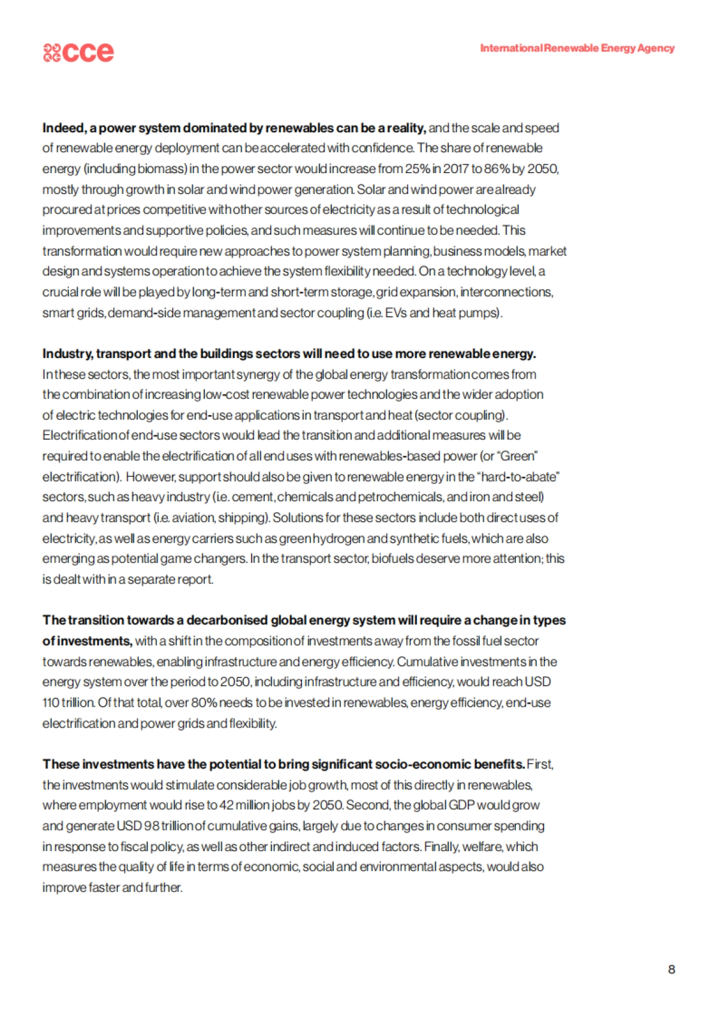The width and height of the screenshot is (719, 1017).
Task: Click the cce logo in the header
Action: pyautogui.click(x=78, y=52)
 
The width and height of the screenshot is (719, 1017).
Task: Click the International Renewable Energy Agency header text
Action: pyautogui.click(x=577, y=48)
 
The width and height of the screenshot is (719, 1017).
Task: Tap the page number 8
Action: pyautogui.click(x=671, y=969)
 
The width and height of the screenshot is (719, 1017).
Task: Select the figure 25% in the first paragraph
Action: pyautogui.click(x=418, y=169)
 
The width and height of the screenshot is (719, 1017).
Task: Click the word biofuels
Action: pyautogui.click(x=391, y=559)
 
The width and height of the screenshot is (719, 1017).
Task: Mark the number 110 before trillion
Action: pyautogui.click(x=51, y=703)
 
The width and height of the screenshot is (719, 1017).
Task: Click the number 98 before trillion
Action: pyautogui.click(x=152, y=826)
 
